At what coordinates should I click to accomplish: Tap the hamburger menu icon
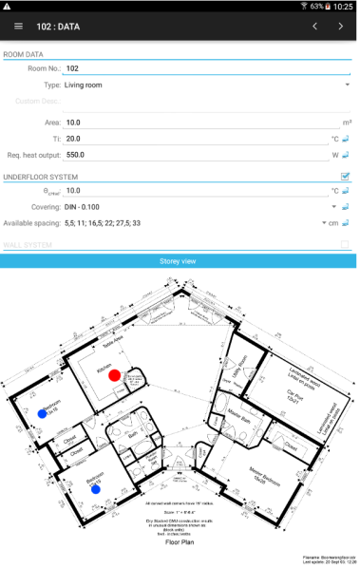tap(18, 27)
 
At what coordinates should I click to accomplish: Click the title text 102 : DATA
tap(59, 27)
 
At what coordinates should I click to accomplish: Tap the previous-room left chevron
tap(314, 27)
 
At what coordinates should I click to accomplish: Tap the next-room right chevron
tap(341, 27)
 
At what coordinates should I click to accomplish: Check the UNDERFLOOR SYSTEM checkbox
tap(346, 177)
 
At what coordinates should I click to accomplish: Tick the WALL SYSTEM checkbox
tap(346, 245)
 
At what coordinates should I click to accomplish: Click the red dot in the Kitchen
tap(115, 376)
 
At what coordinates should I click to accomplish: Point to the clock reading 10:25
tap(343, 7)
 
